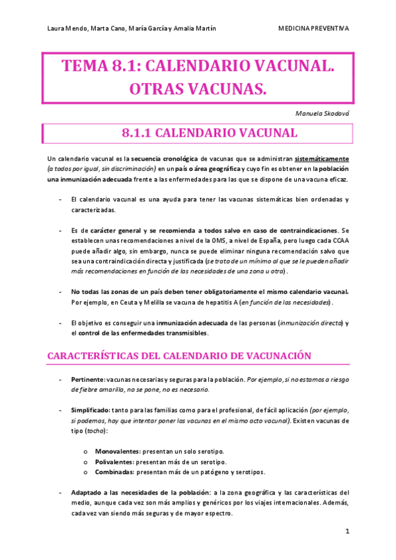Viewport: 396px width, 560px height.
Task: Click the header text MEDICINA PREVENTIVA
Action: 313,28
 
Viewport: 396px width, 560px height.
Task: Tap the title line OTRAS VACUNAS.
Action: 198,88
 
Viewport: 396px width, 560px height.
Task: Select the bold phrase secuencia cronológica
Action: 164,159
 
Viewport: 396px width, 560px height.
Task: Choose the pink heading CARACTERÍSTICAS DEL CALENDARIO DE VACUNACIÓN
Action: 179,355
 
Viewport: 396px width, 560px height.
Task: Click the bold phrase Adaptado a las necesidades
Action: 106,493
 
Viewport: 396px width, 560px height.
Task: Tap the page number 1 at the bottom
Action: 347,531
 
